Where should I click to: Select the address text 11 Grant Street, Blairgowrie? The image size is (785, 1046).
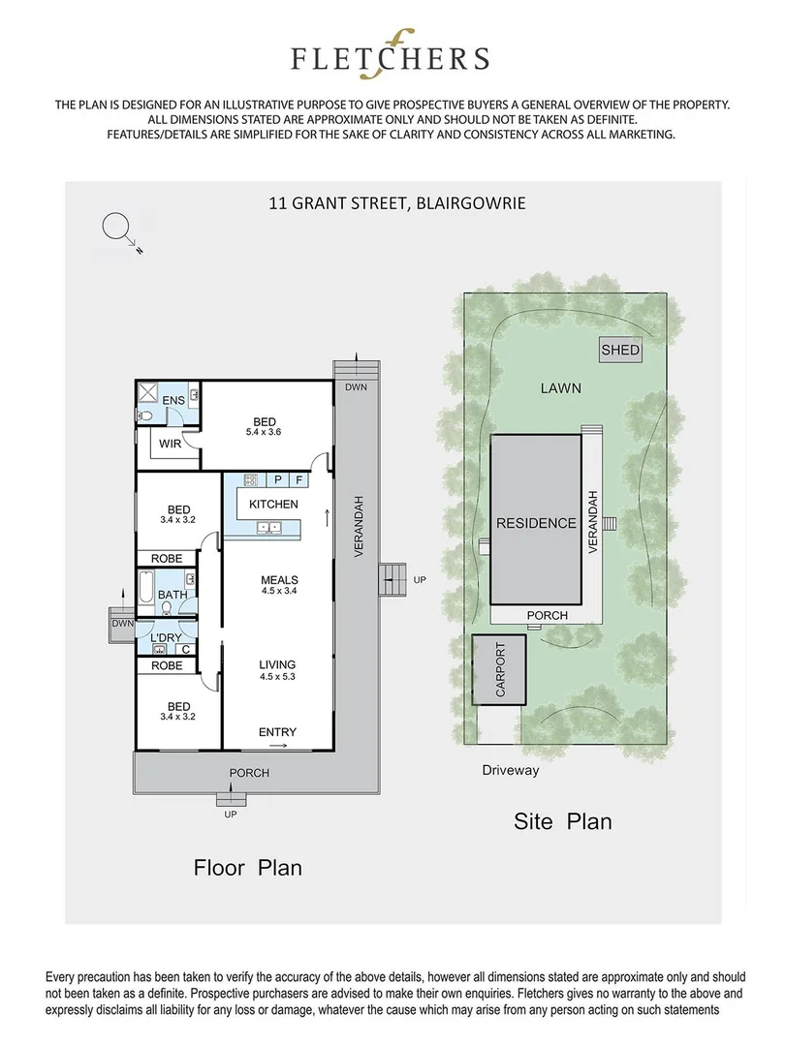(396, 203)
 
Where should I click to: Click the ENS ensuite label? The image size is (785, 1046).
(174, 401)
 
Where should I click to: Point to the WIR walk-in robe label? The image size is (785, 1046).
(172, 445)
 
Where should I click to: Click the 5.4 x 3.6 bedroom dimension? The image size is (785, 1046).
(265, 433)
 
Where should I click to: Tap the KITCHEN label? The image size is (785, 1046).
(273, 505)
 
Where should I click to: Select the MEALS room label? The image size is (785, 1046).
(278, 581)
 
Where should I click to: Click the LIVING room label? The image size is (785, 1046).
(277, 664)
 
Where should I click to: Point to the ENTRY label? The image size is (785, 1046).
(277, 732)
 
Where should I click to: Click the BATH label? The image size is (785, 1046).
(173, 595)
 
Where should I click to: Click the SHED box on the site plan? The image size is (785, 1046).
(620, 350)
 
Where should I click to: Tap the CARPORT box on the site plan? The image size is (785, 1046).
(501, 670)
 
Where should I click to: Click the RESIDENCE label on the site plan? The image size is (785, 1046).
(536, 523)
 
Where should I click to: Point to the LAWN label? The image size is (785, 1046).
(560, 388)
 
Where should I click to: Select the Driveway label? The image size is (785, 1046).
(510, 771)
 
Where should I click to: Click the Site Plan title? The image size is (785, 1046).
(562, 822)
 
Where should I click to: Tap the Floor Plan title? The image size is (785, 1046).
(248, 868)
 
